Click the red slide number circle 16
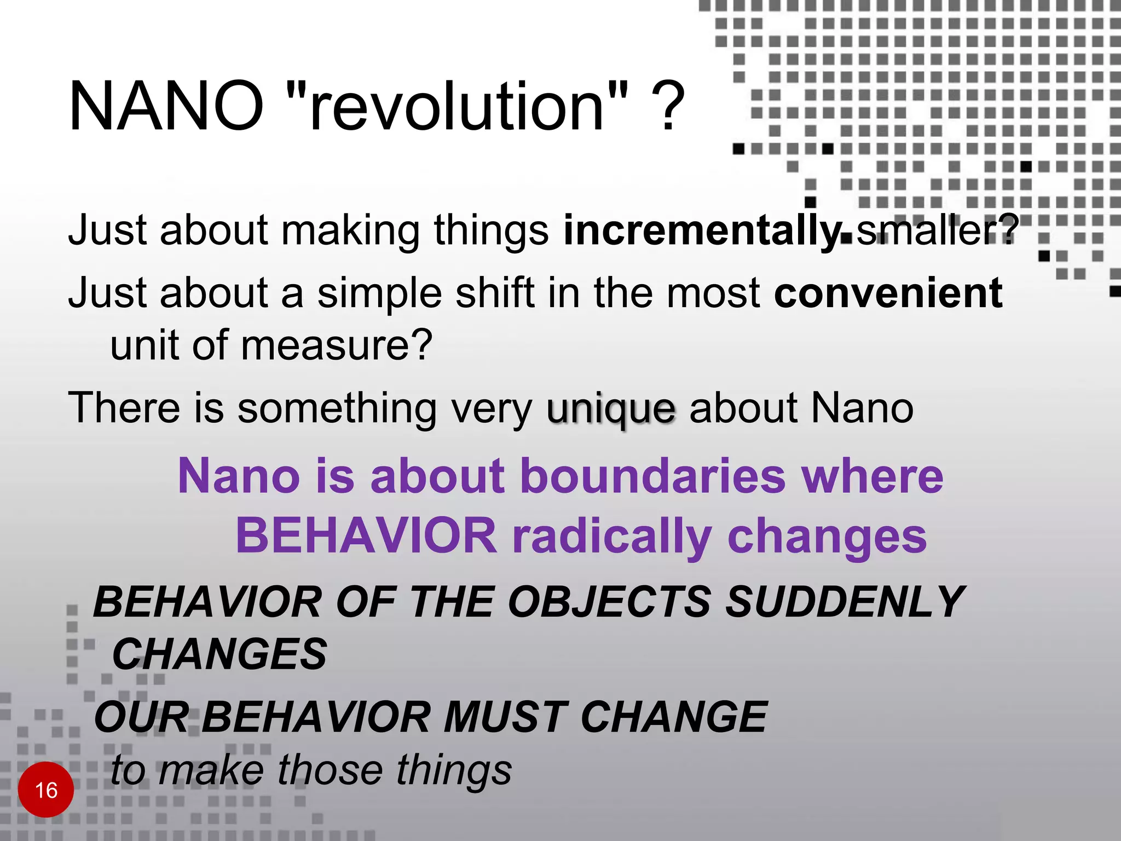pos(45,790)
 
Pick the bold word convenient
pos(888,293)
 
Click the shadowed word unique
pos(611,410)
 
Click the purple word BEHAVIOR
pos(366,536)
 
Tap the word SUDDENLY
pos(843,603)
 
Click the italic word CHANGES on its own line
pos(219,655)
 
